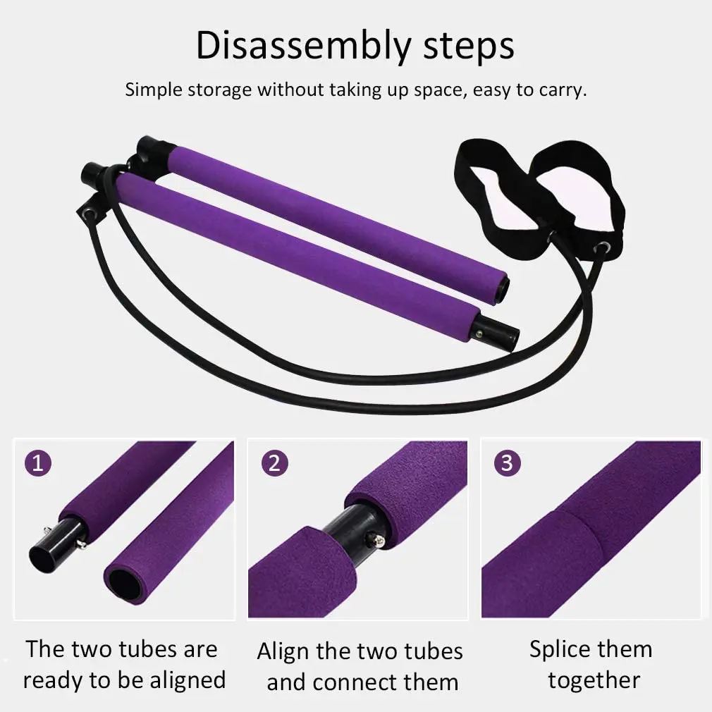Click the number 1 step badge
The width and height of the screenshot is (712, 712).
pos(37,463)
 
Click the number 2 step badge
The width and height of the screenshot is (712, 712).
pos(274,463)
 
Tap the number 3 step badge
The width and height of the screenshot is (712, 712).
pos(507,463)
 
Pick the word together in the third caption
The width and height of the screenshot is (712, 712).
pos(594,680)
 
